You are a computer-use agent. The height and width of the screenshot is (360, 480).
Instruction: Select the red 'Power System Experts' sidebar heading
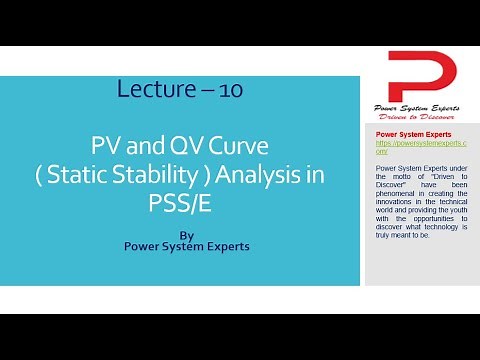[413, 134]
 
